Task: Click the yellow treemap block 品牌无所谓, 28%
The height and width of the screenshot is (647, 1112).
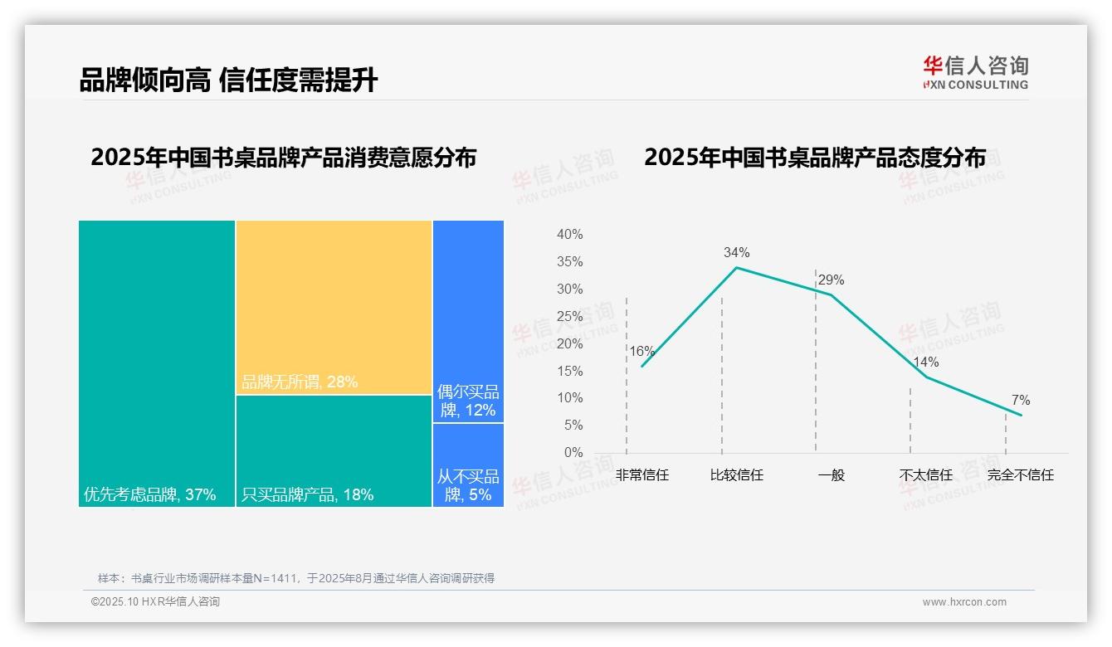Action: pos(334,307)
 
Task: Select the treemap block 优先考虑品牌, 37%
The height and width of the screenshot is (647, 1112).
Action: pos(157,362)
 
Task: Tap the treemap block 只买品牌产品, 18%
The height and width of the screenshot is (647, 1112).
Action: pos(334,450)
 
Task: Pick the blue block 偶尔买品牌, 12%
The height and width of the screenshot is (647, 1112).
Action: pos(468,321)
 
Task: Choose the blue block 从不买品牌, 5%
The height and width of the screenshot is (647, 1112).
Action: pos(468,465)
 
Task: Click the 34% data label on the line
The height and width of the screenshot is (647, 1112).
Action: pos(736,252)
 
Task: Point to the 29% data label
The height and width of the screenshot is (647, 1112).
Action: pos(831,280)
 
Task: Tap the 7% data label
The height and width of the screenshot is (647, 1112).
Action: pos(1020,401)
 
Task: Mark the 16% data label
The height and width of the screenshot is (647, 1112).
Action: pos(641,351)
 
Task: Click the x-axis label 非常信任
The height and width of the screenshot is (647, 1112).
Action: pos(641,475)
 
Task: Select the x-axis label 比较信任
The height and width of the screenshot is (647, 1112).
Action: pos(736,475)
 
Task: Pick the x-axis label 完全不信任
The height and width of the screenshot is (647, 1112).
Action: pos(1020,475)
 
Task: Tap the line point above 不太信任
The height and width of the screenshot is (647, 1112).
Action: pos(926,377)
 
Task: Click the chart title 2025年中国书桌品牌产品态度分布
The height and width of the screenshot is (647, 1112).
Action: pos(814,158)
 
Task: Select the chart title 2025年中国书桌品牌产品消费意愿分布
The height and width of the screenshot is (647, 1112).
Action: pos(283,158)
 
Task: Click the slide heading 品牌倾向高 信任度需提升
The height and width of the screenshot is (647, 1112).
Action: pos(228,80)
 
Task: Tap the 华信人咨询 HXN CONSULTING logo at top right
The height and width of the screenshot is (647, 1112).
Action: pos(975,72)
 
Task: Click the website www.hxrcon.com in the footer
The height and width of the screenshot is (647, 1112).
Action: pos(963,602)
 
